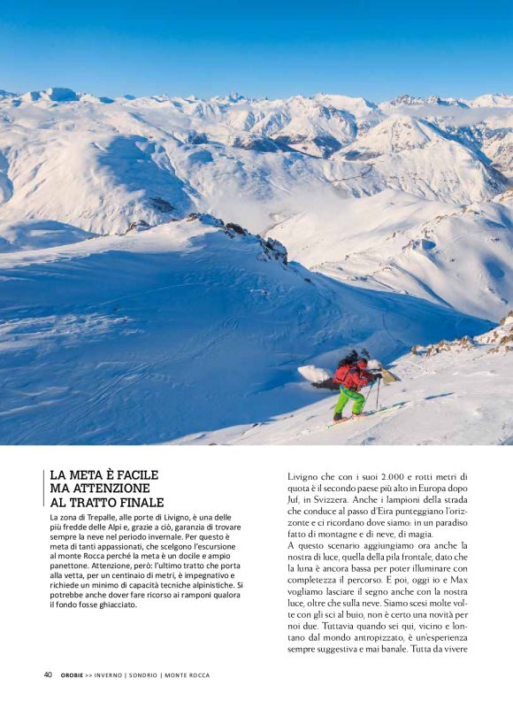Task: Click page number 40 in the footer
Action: [48, 674]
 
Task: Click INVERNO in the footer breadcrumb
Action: [112, 675]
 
